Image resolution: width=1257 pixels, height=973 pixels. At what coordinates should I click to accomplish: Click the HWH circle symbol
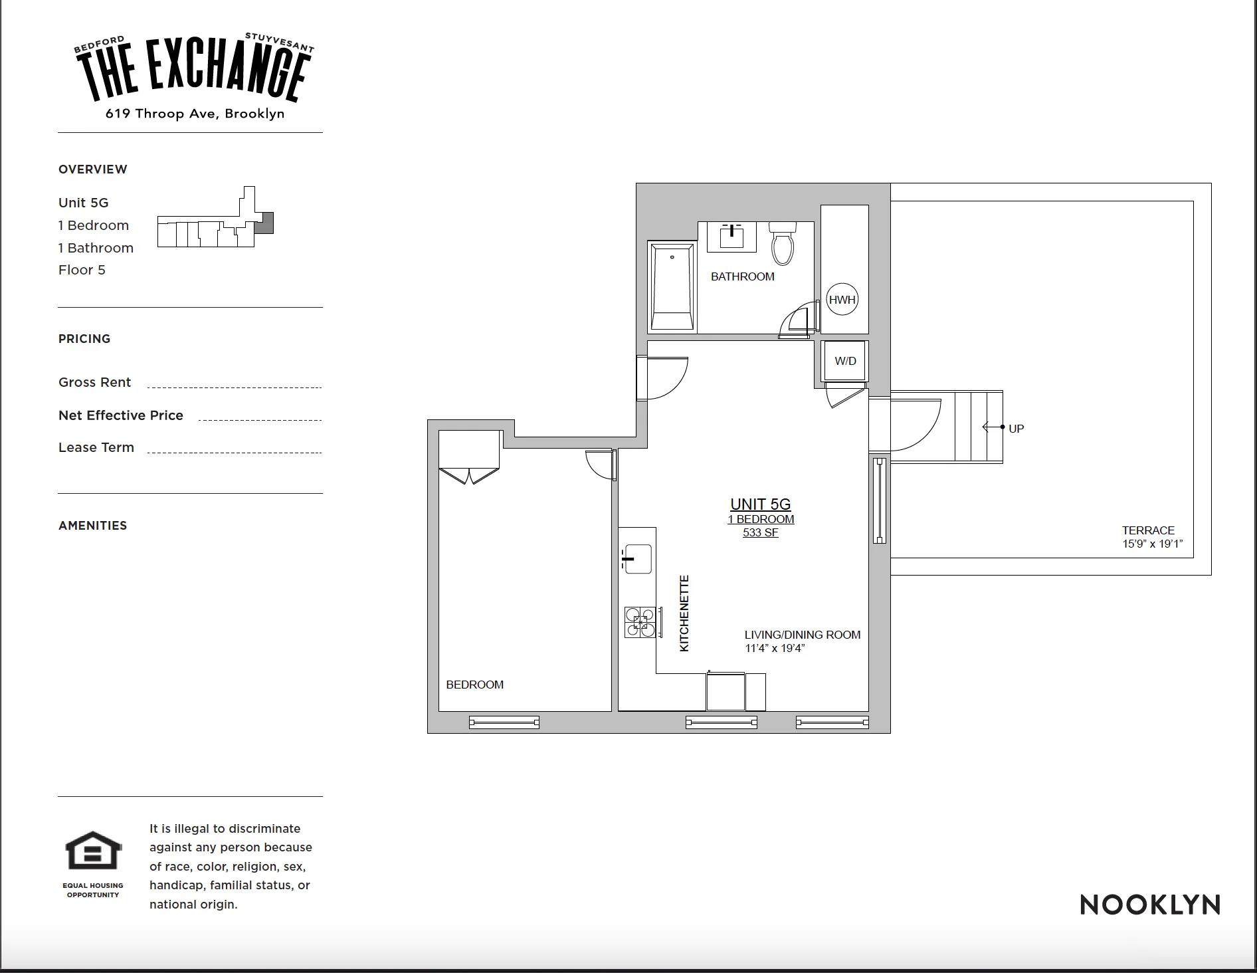(x=842, y=300)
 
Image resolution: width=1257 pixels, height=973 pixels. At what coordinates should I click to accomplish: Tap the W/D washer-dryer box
(x=845, y=361)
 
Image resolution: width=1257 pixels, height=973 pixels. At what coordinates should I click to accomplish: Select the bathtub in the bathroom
(x=672, y=287)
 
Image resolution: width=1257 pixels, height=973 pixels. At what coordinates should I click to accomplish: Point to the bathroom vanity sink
(x=731, y=237)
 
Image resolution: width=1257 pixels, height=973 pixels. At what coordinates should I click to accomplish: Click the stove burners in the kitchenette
(x=640, y=623)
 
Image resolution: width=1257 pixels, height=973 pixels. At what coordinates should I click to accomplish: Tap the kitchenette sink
(x=637, y=559)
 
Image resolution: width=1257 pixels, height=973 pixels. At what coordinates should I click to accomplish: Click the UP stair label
(x=1016, y=429)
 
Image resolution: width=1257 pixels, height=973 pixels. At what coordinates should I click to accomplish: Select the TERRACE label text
(x=1148, y=530)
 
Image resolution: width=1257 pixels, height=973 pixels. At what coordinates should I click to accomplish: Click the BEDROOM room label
(x=474, y=685)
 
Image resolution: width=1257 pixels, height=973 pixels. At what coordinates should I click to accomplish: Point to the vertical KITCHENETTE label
(x=684, y=613)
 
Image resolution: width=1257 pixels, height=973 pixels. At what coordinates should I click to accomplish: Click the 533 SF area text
(x=761, y=532)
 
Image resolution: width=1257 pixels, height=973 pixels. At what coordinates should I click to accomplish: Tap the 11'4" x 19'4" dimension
(x=775, y=648)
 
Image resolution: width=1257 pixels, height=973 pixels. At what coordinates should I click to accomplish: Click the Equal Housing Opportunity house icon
(x=93, y=851)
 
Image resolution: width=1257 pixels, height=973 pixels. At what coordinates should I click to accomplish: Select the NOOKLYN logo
(x=1150, y=905)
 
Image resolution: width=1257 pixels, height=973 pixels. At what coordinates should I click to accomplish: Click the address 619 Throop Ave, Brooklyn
(x=195, y=114)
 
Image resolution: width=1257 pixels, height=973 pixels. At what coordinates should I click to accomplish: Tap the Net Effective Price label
(x=121, y=415)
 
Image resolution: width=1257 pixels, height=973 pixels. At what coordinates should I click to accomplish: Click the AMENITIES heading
(x=92, y=526)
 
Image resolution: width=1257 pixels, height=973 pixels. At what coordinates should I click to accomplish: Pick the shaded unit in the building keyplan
(x=265, y=223)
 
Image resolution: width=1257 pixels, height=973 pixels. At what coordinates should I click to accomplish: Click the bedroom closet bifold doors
(x=469, y=476)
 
